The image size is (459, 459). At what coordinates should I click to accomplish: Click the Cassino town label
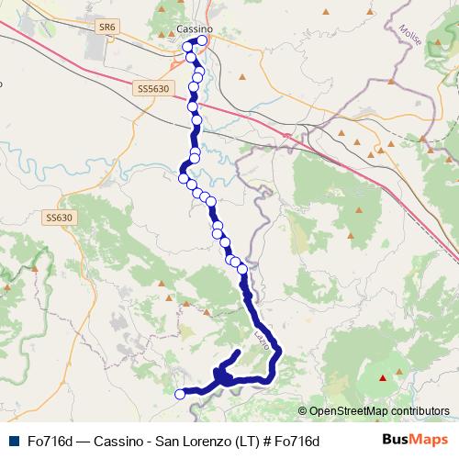pos(193,29)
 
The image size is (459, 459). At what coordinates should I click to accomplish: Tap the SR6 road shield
pos(109,28)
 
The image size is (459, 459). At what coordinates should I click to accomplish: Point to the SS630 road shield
pos(58,218)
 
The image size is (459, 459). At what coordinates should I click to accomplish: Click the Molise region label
pos(410,39)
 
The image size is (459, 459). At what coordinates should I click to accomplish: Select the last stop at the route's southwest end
pos(180,395)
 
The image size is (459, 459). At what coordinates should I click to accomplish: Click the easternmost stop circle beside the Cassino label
pos(202,41)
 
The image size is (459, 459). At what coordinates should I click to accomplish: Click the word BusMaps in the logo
pos(409,441)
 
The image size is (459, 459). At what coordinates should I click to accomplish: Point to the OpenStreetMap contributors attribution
pos(378,411)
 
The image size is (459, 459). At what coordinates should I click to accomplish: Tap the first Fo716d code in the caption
pos(50,442)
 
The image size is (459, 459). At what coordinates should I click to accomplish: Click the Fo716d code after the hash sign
pos(297,442)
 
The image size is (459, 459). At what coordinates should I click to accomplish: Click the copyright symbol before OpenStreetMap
pos(302,411)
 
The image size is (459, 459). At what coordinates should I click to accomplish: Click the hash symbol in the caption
pos(266,442)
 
